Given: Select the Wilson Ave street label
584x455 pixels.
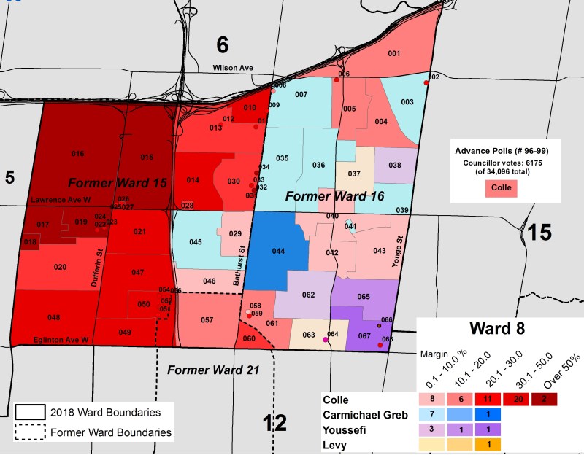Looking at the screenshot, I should tap(233, 68).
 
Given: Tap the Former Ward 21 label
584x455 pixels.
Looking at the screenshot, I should tap(213, 370).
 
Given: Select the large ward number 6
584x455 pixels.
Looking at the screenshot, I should tap(223, 45).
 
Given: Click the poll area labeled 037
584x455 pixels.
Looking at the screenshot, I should tap(354, 174).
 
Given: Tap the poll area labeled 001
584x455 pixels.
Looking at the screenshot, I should tap(394, 54).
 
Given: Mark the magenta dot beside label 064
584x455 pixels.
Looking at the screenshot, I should tap(326, 339).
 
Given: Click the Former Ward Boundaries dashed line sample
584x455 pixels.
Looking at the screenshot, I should tap(32, 432).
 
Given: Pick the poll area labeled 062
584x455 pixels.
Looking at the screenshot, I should tap(308, 295).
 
